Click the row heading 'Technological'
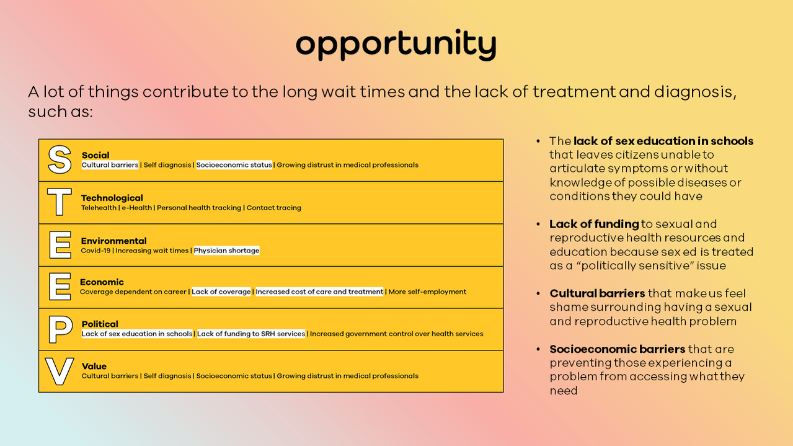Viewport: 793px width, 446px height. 112,198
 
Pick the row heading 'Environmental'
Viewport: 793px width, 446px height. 113,241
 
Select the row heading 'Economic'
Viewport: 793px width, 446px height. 102,282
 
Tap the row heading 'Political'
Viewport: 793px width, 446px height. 100,324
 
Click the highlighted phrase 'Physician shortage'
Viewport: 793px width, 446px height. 226,251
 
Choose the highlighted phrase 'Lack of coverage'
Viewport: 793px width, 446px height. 221,292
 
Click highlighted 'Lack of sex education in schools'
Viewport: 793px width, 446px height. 137,334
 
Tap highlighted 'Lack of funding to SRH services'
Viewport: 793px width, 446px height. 251,334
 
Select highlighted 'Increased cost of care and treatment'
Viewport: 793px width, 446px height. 319,292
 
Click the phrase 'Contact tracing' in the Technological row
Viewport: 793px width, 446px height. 273,208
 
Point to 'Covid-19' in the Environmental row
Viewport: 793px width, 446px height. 95,251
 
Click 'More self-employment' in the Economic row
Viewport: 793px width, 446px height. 427,292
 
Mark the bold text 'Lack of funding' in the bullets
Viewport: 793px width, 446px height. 594,224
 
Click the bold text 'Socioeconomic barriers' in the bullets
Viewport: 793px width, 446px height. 618,349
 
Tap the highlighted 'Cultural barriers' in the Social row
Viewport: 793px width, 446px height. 110,165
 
